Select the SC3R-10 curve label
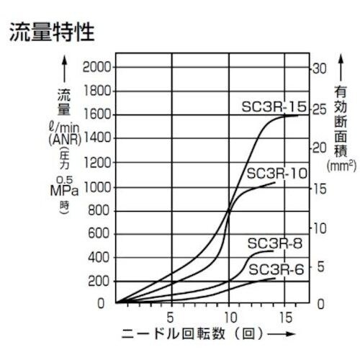[x=277, y=174]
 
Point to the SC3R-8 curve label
[x=274, y=243]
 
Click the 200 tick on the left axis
[x=101, y=281]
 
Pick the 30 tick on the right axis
[x=320, y=68]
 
